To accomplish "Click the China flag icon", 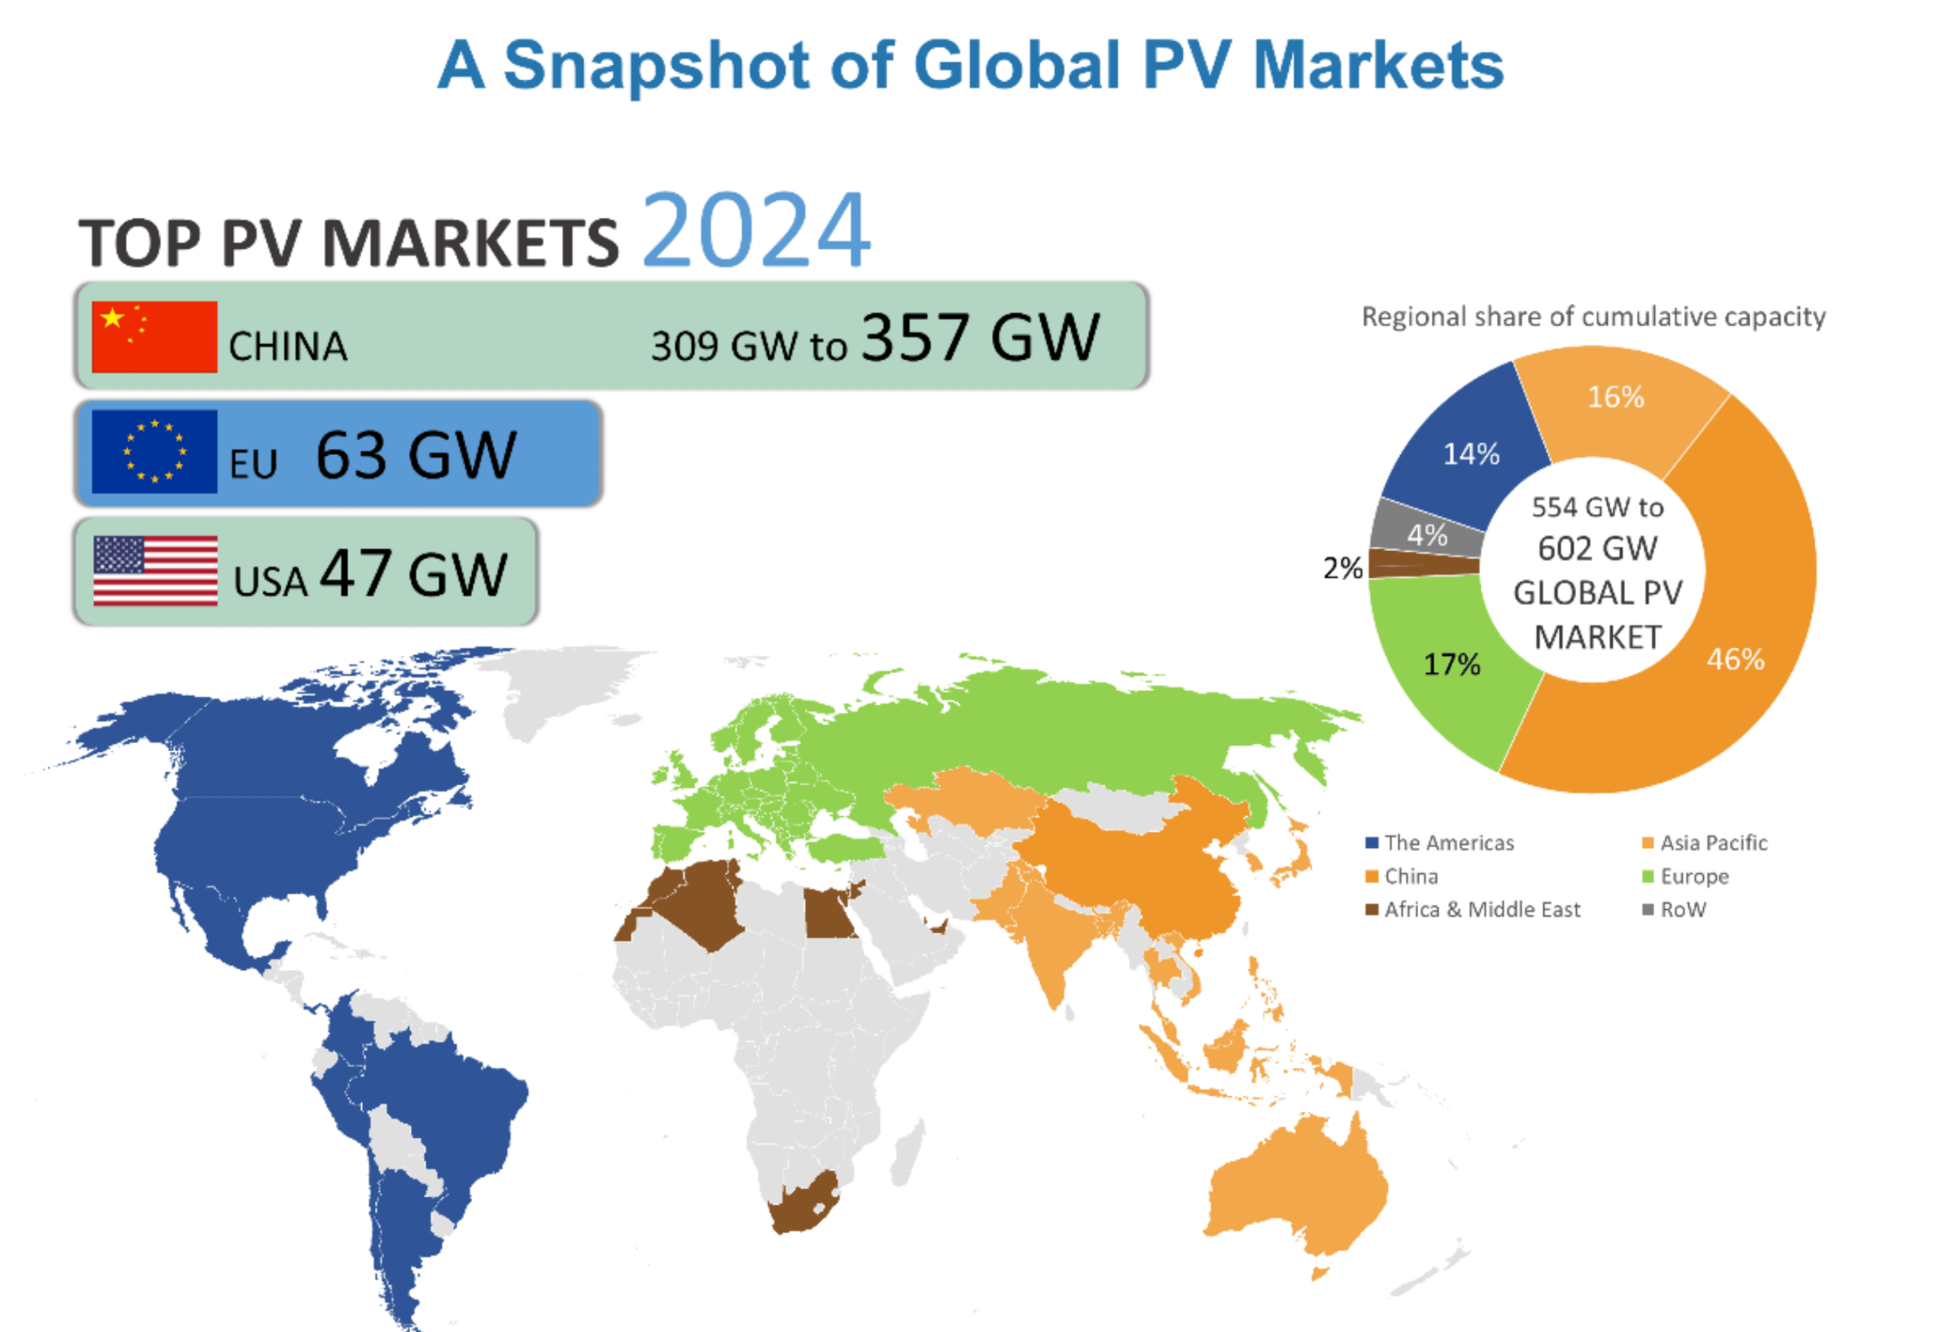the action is (x=154, y=337).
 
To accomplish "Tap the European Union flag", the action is (x=154, y=452).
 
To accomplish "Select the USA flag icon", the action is (x=156, y=571).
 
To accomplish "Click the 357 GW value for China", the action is (x=981, y=337).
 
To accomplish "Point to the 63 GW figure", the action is (x=416, y=455).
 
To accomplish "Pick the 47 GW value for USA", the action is (x=414, y=573).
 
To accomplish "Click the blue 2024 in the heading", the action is (x=756, y=230).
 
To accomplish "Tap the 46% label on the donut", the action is (x=1735, y=660).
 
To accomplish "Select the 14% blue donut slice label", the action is (x=1472, y=454).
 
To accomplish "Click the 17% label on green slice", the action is (x=1452, y=664).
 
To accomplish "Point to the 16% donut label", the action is (x=1616, y=397).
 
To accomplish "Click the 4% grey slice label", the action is (x=1427, y=535).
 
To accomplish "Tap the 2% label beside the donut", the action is (x=1343, y=568).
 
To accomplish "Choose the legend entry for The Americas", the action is (x=1440, y=843).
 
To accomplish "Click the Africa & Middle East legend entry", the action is (x=1473, y=909).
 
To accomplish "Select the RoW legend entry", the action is (x=1674, y=909).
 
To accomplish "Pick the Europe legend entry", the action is (x=1686, y=876).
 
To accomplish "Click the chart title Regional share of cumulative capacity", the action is (x=1594, y=317).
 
